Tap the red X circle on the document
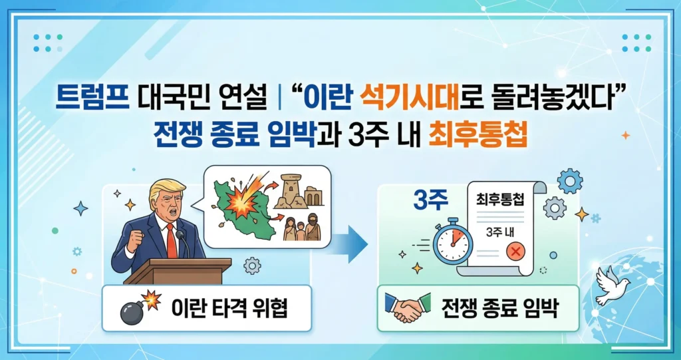pyautogui.click(x=513, y=251)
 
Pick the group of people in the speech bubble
pyautogui.click(x=302, y=228)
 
